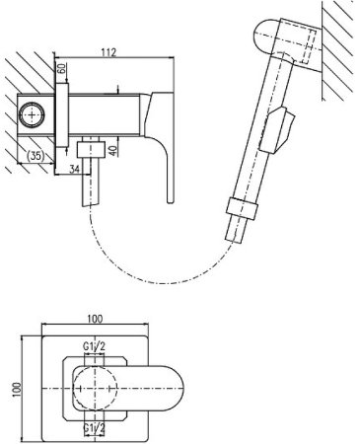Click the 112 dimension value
click(109, 52)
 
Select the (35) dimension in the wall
click(35, 155)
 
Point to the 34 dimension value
click(75, 169)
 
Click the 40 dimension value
click(112, 150)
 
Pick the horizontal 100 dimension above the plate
click(95, 319)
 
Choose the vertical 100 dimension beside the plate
click(17, 390)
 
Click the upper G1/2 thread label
click(95, 346)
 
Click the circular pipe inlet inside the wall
click(32, 114)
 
